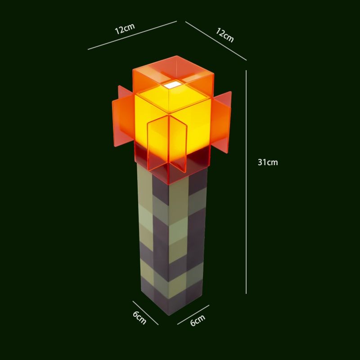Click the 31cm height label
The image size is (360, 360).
pyautogui.click(x=268, y=162)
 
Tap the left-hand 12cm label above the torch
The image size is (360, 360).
pyautogui.click(x=125, y=28)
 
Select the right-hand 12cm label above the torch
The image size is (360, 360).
pyautogui.click(x=225, y=35)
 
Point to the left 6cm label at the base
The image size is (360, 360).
pyautogui.click(x=139, y=317)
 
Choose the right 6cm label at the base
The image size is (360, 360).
pyautogui.click(x=198, y=321)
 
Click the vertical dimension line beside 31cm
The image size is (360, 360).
pyautogui.click(x=246, y=202)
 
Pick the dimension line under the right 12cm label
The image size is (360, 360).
pyautogui.click(x=216, y=40)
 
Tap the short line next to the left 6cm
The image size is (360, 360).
pyautogui.click(x=145, y=312)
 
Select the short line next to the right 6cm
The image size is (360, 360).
pyautogui.click(x=193, y=315)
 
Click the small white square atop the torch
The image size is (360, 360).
pyautogui.click(x=172, y=84)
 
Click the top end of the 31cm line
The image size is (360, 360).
pyautogui.click(x=246, y=71)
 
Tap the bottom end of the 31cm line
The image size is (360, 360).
pyautogui.click(x=246, y=293)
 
